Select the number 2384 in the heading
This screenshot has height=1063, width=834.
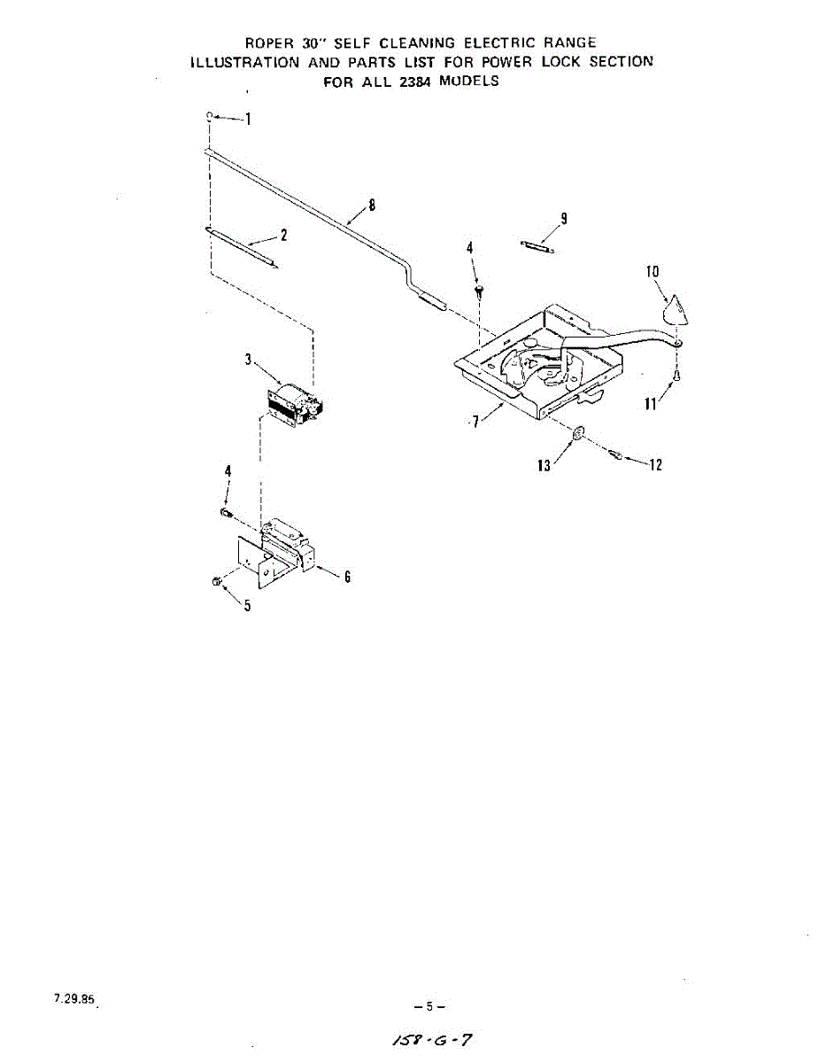pyautogui.click(x=408, y=81)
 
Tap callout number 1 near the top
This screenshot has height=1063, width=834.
pyautogui.click(x=249, y=120)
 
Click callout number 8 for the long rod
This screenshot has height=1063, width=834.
pyautogui.click(x=372, y=205)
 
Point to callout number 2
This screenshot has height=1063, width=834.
pyautogui.click(x=283, y=235)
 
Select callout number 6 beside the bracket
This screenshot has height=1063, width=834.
pyautogui.click(x=348, y=577)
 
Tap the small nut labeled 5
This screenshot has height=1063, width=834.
pyautogui.click(x=216, y=581)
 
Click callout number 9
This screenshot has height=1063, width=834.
pyautogui.click(x=563, y=219)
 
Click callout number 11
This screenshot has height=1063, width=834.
pyautogui.click(x=650, y=405)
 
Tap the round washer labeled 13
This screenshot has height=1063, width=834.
pyautogui.click(x=576, y=433)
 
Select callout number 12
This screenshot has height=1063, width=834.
pyautogui.click(x=655, y=465)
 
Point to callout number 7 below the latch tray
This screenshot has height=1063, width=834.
pyautogui.click(x=475, y=422)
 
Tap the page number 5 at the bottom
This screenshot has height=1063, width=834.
pyautogui.click(x=429, y=1006)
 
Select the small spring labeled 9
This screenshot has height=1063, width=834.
pyautogui.click(x=537, y=247)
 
